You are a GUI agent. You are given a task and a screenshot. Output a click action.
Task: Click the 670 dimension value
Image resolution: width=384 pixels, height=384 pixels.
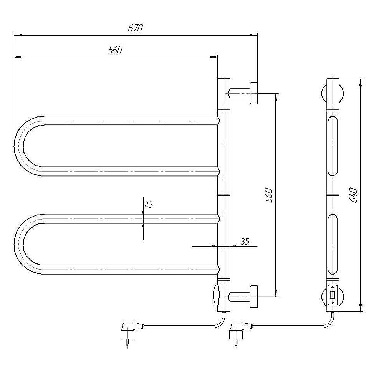[135, 28]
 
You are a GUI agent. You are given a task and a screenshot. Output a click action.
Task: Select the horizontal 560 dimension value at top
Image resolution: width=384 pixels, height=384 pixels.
[115, 50]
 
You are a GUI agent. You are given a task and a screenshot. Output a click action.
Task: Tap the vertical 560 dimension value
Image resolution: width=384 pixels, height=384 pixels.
[269, 195]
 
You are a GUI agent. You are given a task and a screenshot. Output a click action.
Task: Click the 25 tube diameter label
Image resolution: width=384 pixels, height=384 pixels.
[148, 204]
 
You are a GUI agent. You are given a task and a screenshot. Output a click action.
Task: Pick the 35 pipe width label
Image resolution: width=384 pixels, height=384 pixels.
[245, 242]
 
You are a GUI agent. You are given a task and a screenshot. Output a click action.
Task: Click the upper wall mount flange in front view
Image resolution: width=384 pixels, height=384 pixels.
[253, 93]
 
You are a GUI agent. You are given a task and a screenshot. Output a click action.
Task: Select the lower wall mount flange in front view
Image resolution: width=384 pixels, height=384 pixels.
[253, 296]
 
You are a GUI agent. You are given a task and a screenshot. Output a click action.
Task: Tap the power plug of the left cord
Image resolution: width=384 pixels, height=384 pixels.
[130, 332]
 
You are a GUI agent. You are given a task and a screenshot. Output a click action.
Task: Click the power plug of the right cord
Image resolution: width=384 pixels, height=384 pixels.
[238, 332]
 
